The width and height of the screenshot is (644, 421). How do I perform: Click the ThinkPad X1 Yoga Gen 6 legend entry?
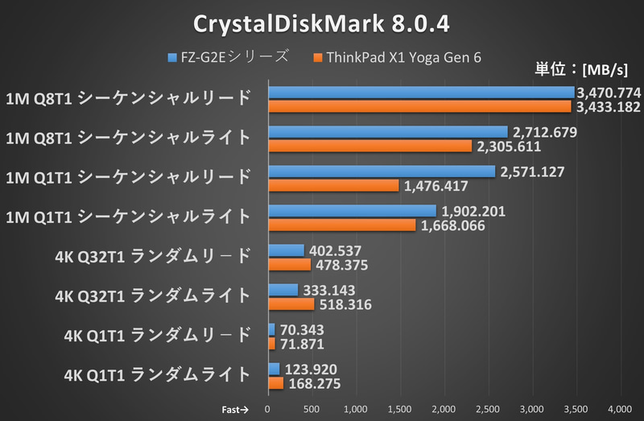(x=403, y=57)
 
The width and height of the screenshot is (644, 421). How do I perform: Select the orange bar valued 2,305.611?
(x=369, y=146)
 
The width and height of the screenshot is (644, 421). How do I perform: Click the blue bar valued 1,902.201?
(x=352, y=211)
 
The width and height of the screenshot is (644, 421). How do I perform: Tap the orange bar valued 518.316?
(x=291, y=304)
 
